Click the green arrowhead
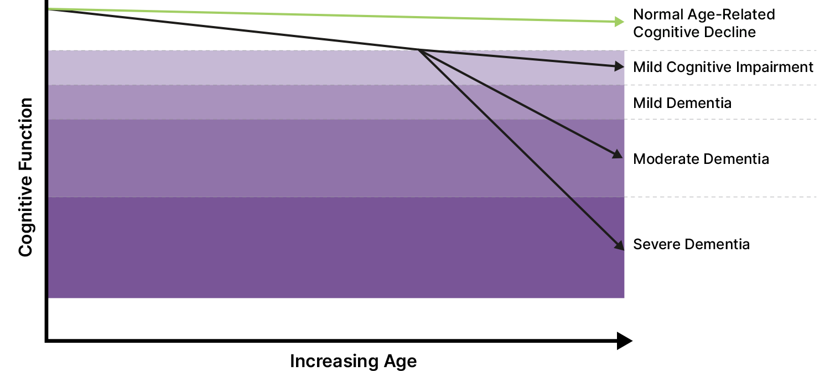[620, 22]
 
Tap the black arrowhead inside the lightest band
[619, 66]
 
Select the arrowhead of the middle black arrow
[618, 154]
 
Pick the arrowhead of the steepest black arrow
[619, 245]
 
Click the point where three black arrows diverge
[419, 50]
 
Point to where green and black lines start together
[50, 9]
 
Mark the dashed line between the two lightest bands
[719, 85]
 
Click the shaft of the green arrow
[332, 16]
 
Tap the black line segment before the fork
[232, 29]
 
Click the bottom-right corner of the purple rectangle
[624, 298]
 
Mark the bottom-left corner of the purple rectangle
[49, 298]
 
